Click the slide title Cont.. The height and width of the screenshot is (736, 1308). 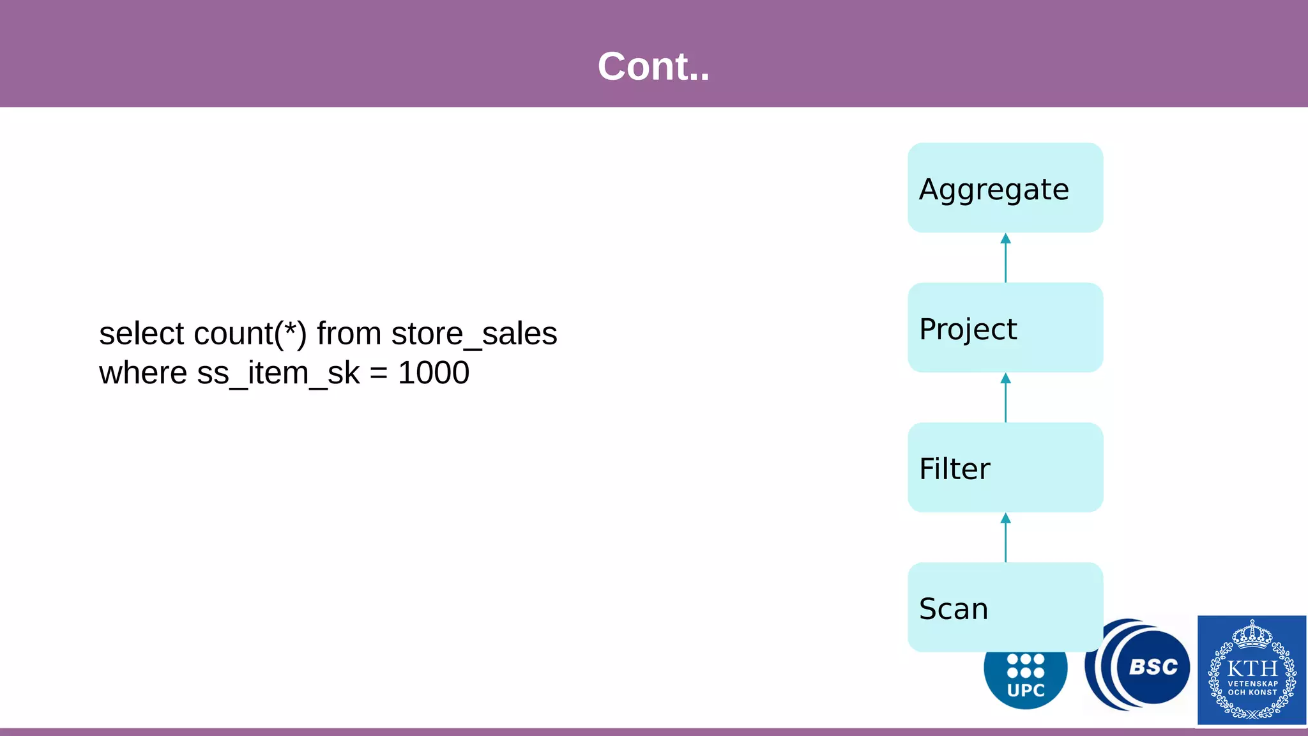coord(653,66)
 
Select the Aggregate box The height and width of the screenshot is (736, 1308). coord(1005,188)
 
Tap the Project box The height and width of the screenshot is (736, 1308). coord(1005,328)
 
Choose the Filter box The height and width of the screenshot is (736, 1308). coord(1005,467)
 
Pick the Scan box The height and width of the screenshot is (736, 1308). coord(1005,607)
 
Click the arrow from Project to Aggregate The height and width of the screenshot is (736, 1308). coord(1005,258)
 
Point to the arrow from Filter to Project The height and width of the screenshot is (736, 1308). coord(1005,398)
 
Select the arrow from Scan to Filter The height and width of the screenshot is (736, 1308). coord(1005,538)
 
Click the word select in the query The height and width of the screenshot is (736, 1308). coord(141,333)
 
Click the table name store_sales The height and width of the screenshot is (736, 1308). coord(474,333)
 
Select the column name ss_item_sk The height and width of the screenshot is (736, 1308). coord(278,373)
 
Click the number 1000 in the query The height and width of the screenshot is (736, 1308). coord(434,373)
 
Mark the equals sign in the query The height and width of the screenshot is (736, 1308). coord(379,374)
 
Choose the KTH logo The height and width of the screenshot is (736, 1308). coord(1252,670)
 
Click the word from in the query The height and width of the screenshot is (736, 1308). coord(349,333)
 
